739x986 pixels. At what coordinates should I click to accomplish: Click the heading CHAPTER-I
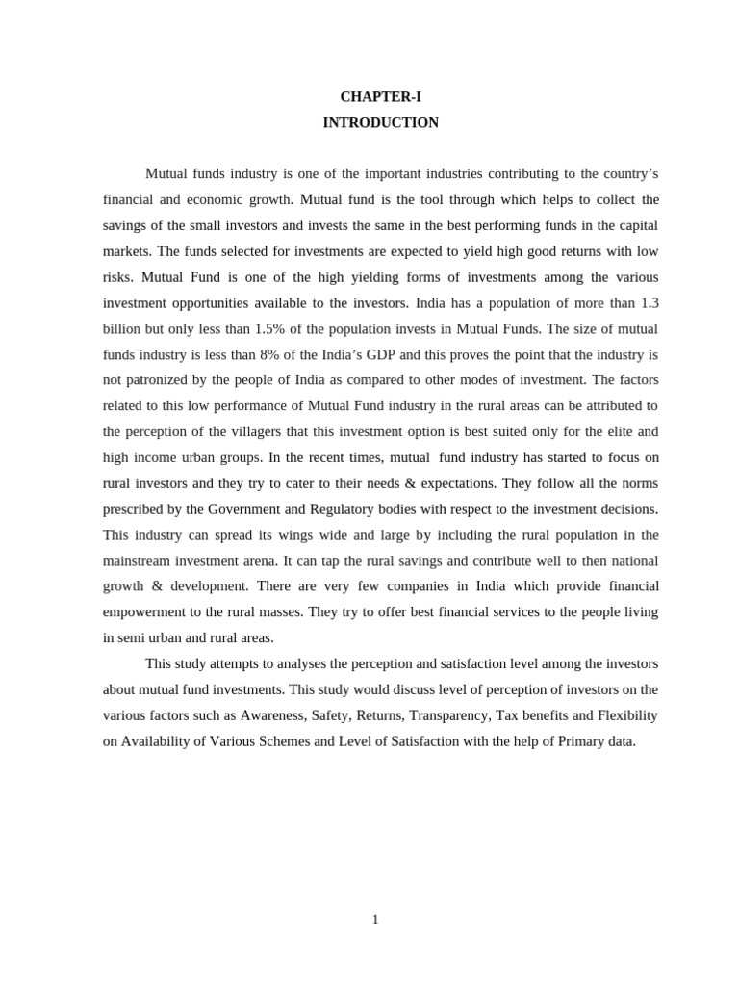(380, 97)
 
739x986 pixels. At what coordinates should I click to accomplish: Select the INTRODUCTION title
(380, 123)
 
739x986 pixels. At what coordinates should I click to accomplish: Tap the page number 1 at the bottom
(375, 920)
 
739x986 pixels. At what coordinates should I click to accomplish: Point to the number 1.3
(649, 303)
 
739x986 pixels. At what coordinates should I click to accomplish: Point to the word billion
(122, 328)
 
